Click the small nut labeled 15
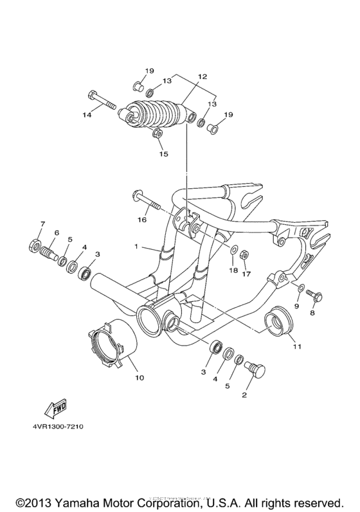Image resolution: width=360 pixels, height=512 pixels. (156, 134)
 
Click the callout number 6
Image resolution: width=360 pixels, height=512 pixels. (57, 233)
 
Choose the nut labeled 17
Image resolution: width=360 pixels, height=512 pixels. (244, 256)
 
